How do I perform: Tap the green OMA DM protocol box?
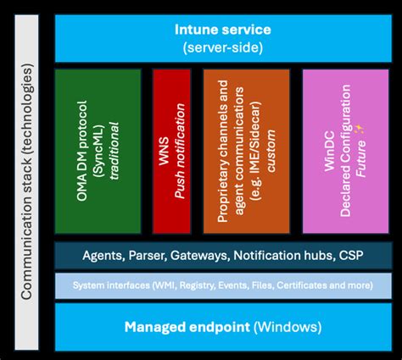coord(98,152)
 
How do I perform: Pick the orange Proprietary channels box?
coord(246,152)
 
